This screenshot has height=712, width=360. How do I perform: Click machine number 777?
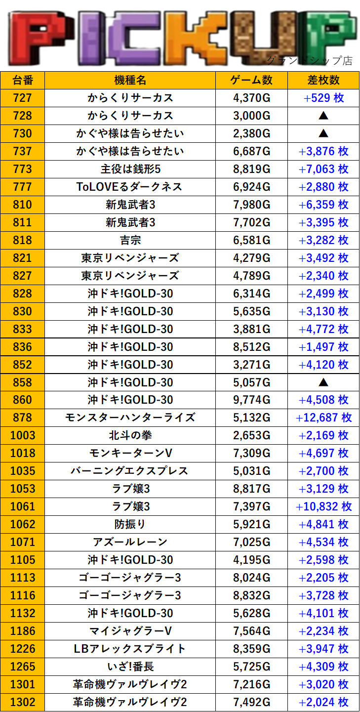[x=23, y=187]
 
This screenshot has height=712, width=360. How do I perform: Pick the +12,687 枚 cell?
[x=323, y=418]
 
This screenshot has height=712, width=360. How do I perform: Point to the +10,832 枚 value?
[x=323, y=506]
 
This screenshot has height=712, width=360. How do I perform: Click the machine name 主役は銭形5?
[x=130, y=169]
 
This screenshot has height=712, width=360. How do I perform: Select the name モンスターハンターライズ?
[x=130, y=418]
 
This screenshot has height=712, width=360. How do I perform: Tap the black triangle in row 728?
[x=323, y=116]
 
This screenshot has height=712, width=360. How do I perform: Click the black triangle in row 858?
[x=323, y=382]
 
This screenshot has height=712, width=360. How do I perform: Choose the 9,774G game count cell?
[x=251, y=400]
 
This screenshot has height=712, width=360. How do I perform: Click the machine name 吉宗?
[x=130, y=240]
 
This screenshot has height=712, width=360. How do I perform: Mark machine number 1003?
[x=23, y=435]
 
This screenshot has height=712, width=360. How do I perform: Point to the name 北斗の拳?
[x=130, y=435]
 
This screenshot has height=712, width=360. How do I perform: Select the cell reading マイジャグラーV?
[x=130, y=631]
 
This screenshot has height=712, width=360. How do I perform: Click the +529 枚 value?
[x=323, y=98]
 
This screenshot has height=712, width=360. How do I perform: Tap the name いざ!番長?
[x=130, y=667]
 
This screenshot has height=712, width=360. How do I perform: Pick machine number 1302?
[x=23, y=702]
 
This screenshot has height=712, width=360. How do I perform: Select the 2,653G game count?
[x=251, y=435]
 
